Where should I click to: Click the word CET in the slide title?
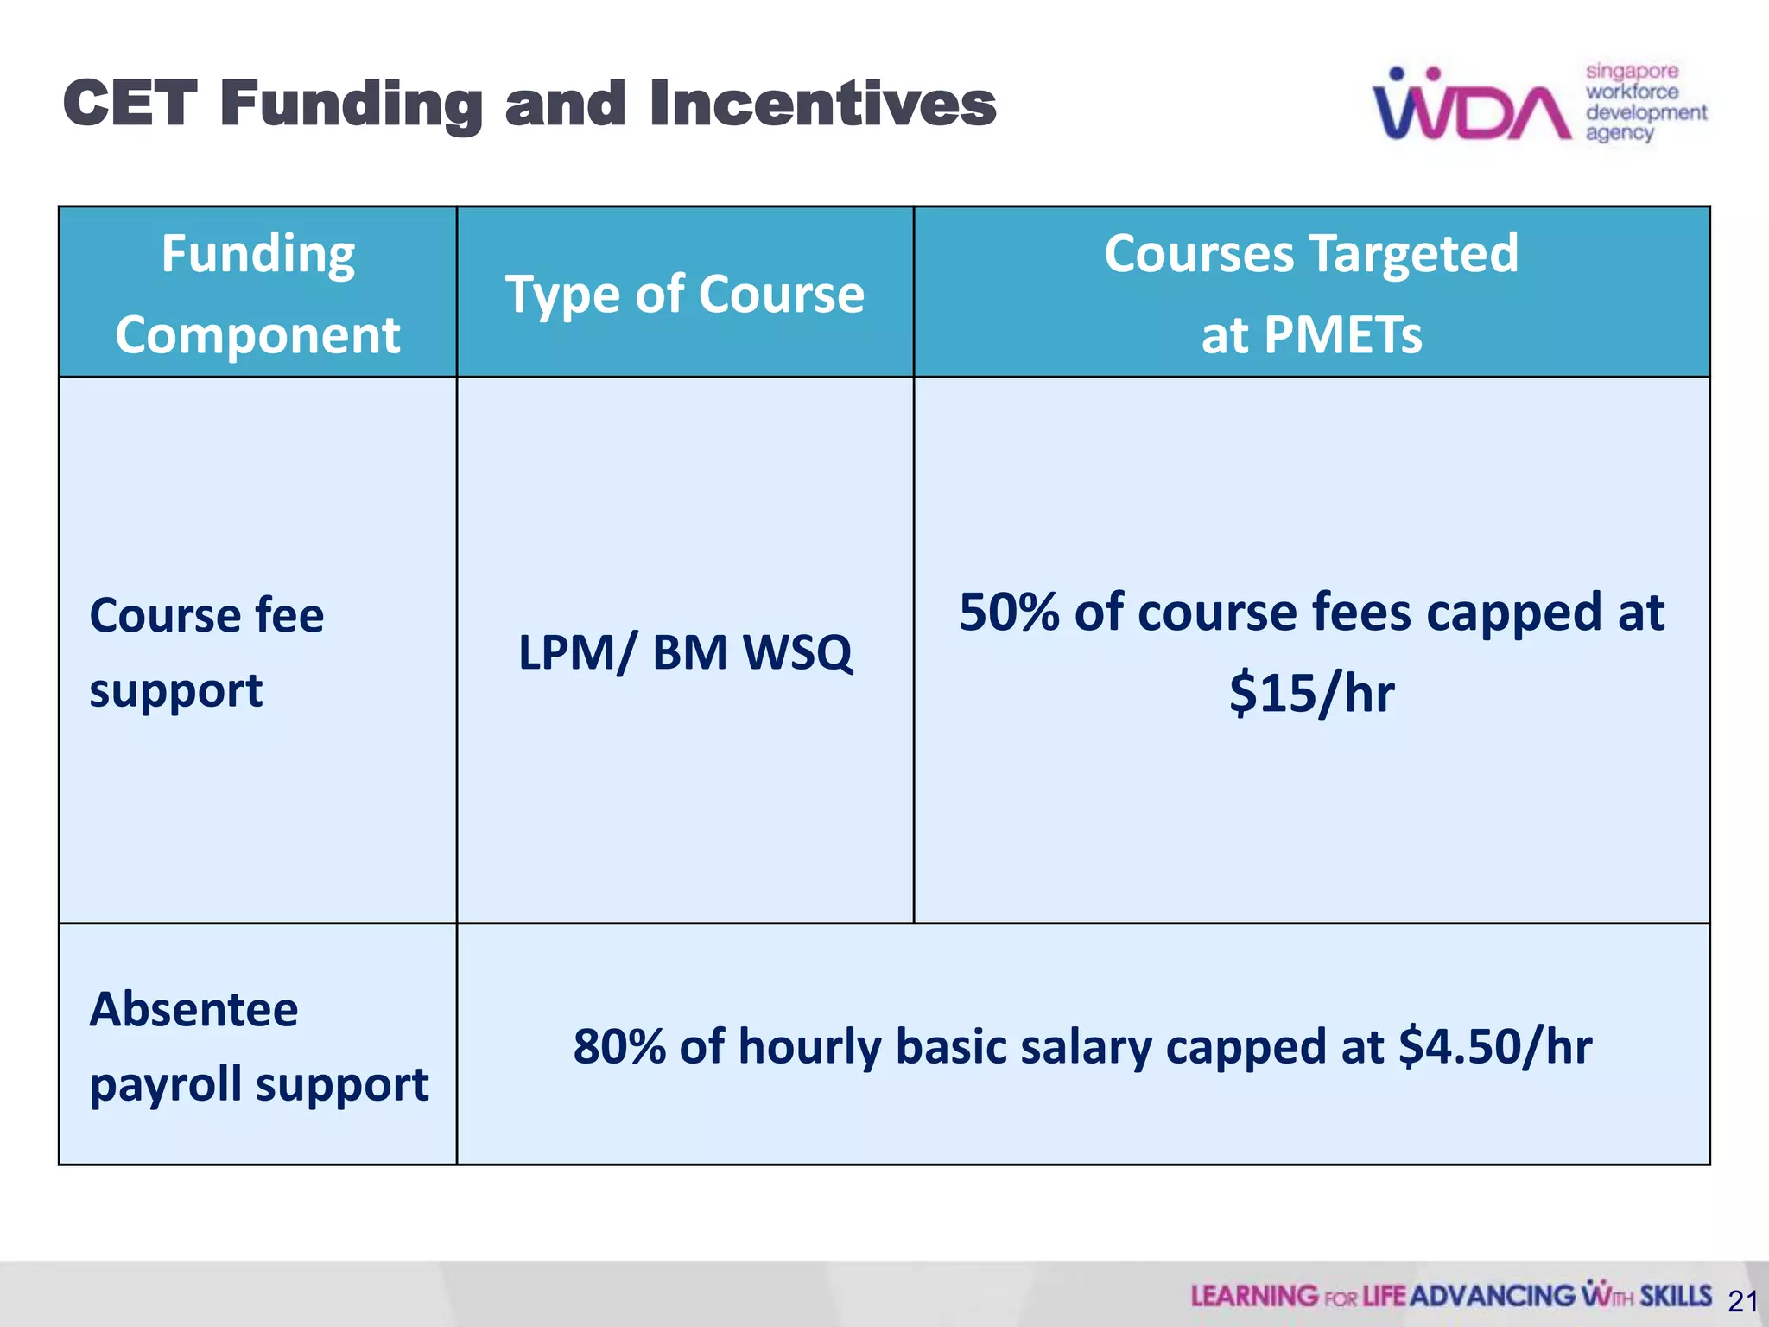click(130, 104)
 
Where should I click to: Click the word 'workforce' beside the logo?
click(1632, 92)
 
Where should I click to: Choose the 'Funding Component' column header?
click(257, 293)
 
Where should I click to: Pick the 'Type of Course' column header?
click(684, 294)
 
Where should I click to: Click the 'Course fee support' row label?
click(206, 651)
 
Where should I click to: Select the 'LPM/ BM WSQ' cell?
click(684, 651)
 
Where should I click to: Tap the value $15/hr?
click(1311, 693)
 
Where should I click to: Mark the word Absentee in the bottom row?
click(193, 1009)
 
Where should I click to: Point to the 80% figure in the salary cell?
click(619, 1046)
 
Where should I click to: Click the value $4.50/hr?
click(1495, 1046)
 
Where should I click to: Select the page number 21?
click(1743, 1301)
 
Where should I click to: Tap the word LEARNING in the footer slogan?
click(1254, 1296)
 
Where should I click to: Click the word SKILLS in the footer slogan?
click(1675, 1296)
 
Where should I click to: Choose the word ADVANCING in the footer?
click(1493, 1296)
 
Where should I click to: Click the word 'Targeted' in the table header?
click(1413, 254)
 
